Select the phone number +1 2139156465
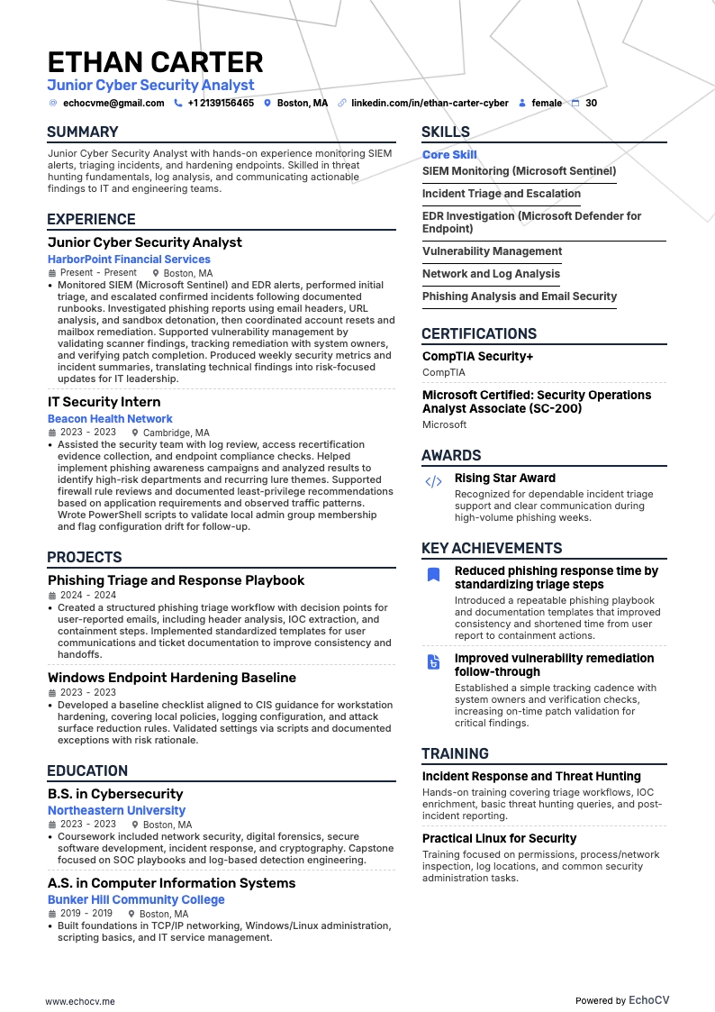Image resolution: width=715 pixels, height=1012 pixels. click(x=221, y=104)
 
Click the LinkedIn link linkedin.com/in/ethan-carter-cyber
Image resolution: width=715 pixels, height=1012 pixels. click(x=430, y=104)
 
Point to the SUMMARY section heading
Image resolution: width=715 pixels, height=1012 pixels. click(x=83, y=132)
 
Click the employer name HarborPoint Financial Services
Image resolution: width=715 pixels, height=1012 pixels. click(x=129, y=260)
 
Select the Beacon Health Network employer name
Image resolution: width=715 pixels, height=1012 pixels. click(x=110, y=419)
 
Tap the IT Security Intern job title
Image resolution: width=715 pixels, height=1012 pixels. click(x=104, y=402)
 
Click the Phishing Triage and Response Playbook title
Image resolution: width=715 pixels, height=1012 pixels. click(x=176, y=580)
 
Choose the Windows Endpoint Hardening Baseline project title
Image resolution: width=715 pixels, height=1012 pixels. click(x=172, y=678)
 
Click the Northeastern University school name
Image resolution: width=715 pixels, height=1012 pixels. click(x=116, y=811)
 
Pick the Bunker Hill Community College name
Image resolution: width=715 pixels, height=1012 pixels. click(x=136, y=900)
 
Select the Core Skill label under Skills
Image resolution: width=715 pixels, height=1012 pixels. click(x=449, y=155)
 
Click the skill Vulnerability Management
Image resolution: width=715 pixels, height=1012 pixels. click(x=492, y=251)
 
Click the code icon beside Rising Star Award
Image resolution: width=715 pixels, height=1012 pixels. click(x=433, y=482)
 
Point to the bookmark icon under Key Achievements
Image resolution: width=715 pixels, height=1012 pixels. click(x=433, y=575)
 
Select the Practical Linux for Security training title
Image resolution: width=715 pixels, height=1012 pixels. click(x=499, y=839)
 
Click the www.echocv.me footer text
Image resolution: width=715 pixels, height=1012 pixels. click(x=80, y=1001)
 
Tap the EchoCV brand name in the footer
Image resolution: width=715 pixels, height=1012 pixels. click(x=648, y=1000)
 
